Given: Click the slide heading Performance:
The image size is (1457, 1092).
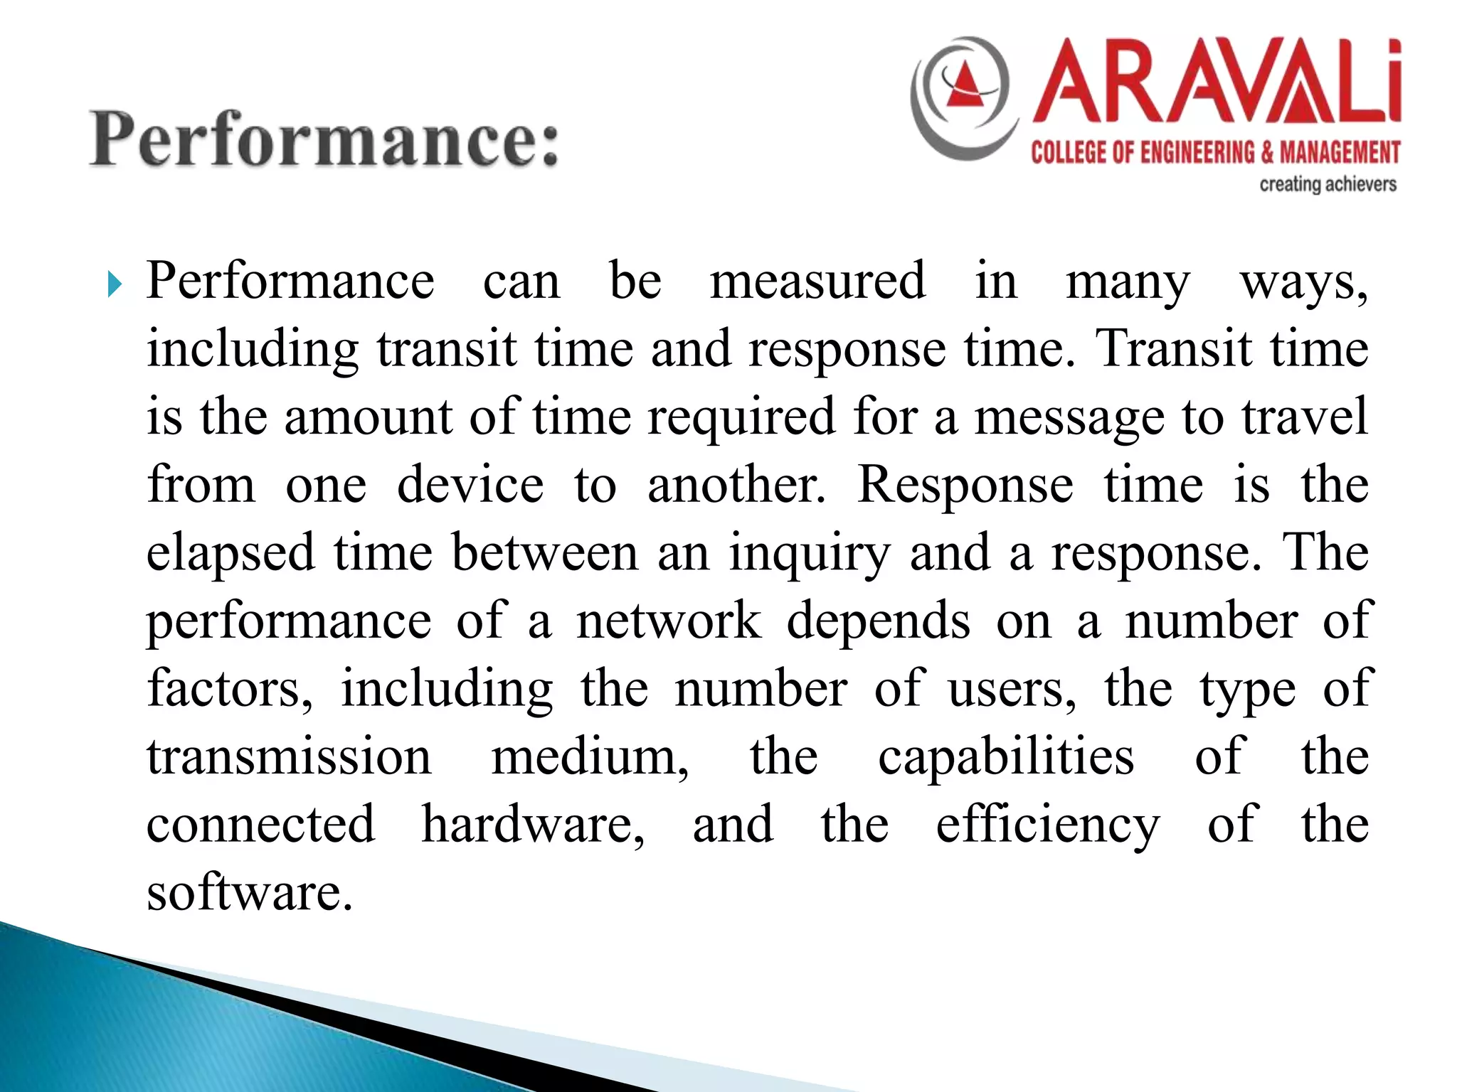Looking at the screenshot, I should [x=324, y=139].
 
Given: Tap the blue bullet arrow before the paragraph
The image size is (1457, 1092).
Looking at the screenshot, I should [x=115, y=287].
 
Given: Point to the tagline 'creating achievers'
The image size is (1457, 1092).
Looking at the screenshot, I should [x=1328, y=185].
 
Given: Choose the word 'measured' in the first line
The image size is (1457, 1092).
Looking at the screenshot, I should [x=818, y=281].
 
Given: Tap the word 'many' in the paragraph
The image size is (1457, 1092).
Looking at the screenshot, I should [x=1128, y=282].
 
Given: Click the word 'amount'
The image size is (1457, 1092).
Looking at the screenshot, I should [x=368, y=417].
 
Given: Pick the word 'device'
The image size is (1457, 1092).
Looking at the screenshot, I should [x=470, y=485].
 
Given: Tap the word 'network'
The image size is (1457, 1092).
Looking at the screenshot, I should [x=669, y=621].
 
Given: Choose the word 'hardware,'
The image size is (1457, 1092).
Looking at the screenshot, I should [x=533, y=825].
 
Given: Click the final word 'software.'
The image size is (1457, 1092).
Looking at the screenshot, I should [x=250, y=892].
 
